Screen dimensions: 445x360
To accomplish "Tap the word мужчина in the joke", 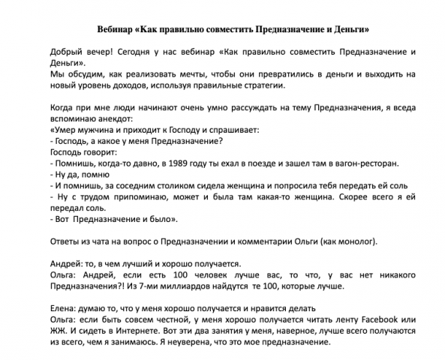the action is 91,130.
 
